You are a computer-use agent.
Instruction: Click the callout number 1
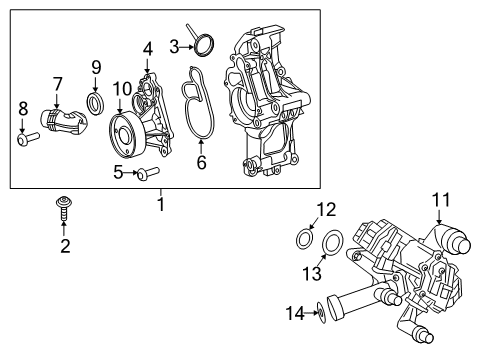point(160,205)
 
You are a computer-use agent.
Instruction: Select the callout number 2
point(65,246)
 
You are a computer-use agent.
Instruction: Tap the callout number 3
point(174,45)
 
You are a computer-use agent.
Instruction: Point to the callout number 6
point(201,160)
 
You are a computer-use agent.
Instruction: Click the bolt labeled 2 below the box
point(65,211)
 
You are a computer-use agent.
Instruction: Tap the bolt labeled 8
point(25,139)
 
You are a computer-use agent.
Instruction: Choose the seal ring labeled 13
point(334,240)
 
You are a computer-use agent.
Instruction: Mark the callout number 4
point(147,47)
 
